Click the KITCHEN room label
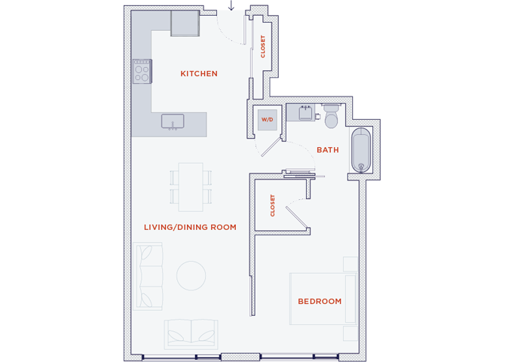click(199, 74)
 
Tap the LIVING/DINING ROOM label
click(190, 227)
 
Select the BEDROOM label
click(320, 302)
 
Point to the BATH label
click(327, 150)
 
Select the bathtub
click(362, 151)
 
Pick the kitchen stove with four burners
click(142, 72)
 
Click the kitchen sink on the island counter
click(173, 121)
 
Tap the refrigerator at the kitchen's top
click(185, 23)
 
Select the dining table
click(191, 187)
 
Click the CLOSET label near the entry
click(263, 47)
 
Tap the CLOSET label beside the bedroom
click(272, 206)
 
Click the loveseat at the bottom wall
click(191, 332)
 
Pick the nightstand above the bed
click(350, 263)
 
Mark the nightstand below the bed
click(350, 333)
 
